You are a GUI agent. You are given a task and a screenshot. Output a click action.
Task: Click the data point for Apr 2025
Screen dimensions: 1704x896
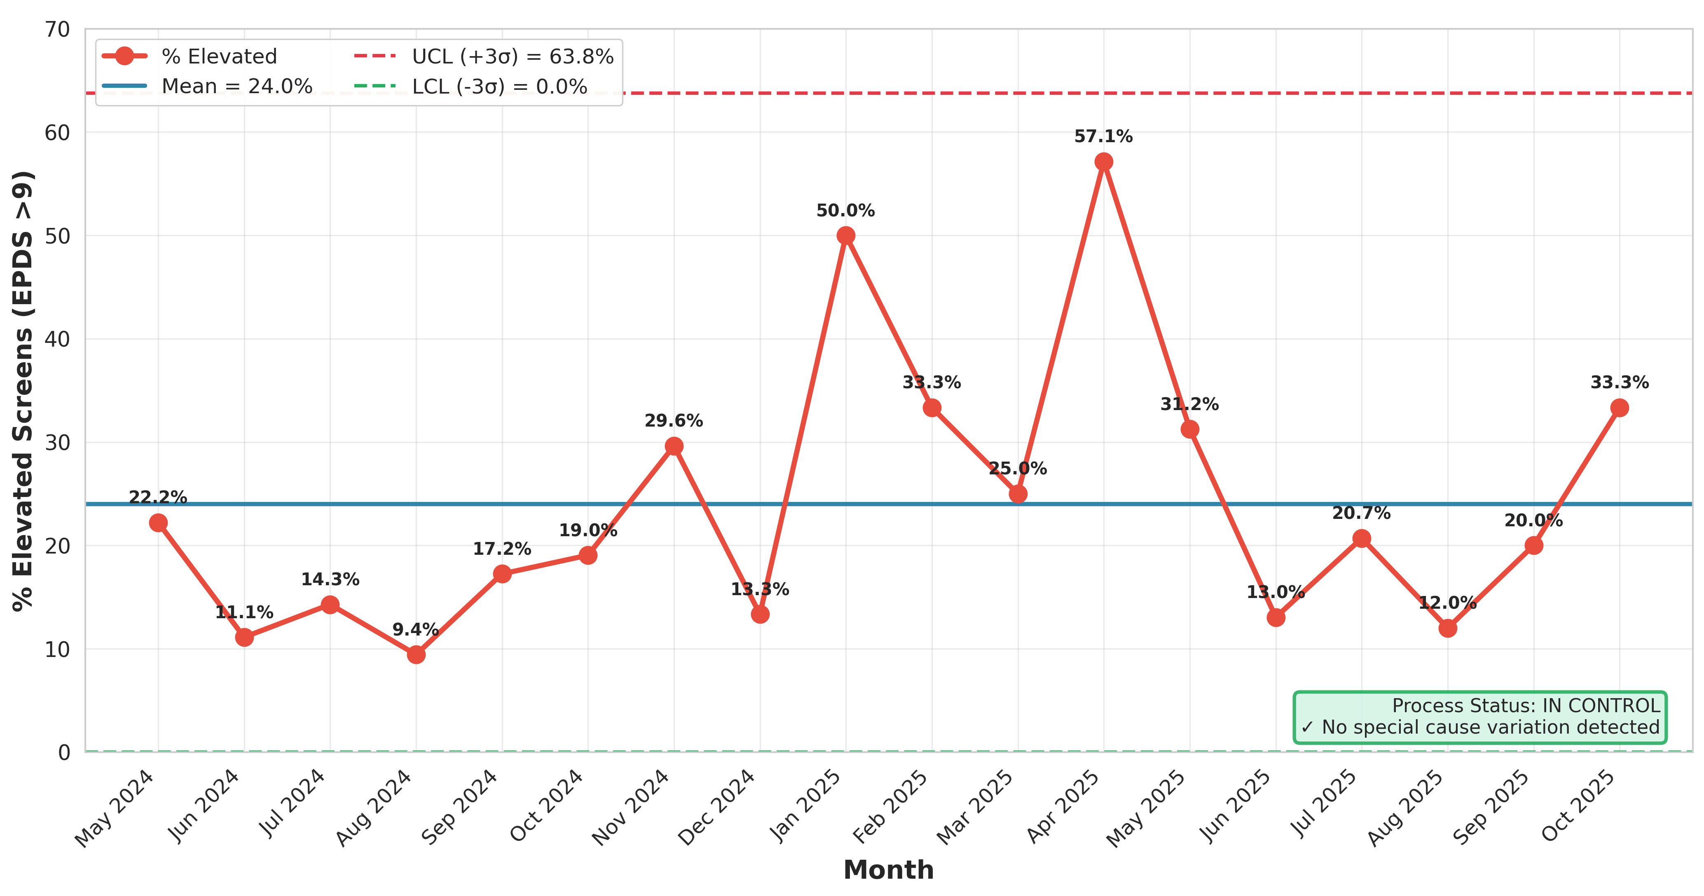1103,162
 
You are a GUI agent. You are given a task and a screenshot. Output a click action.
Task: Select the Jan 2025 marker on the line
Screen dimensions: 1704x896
845,236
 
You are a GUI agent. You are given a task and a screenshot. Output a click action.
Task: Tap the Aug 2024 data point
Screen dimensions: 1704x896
416,654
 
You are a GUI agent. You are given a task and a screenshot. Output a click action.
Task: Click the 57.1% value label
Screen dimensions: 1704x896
1103,136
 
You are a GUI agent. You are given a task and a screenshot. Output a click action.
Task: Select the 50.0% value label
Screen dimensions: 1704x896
845,211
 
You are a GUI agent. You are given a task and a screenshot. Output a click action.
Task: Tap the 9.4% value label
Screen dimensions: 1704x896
416,629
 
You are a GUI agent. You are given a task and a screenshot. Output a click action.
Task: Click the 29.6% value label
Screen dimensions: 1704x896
674,421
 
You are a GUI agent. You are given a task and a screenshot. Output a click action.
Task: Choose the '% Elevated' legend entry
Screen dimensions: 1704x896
190,56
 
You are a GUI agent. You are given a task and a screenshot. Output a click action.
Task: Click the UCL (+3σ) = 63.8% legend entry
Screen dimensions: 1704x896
484,56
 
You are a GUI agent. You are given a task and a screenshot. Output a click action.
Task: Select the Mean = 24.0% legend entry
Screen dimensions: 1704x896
207,86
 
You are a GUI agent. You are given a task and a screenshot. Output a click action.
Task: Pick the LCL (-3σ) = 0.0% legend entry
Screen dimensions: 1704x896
470,86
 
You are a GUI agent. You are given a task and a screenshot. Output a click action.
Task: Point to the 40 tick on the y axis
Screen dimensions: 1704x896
58,340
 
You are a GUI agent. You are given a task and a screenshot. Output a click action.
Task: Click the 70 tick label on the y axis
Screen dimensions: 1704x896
58,30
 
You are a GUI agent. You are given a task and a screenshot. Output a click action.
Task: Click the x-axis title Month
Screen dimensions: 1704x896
888,870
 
